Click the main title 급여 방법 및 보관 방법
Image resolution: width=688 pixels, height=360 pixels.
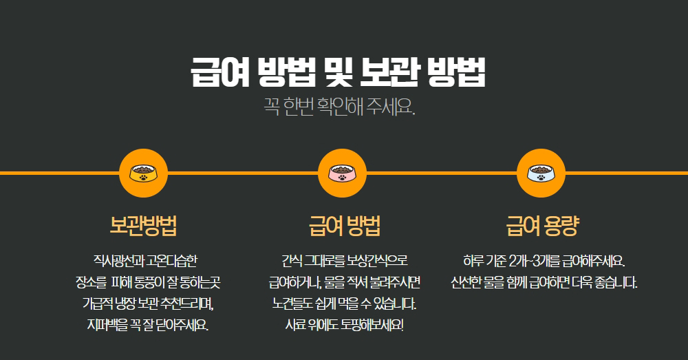(338, 72)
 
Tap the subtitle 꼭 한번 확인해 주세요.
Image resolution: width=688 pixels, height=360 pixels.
(339, 106)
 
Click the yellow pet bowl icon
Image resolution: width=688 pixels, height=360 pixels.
(144, 173)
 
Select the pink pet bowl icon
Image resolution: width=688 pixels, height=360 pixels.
(342, 173)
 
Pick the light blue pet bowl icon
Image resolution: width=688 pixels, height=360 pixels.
(541, 173)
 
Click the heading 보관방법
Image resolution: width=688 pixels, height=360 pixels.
(144, 226)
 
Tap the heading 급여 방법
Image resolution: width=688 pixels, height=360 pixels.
(345, 226)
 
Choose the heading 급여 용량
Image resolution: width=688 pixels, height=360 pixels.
(543, 226)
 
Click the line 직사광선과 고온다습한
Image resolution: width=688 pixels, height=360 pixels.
(145, 261)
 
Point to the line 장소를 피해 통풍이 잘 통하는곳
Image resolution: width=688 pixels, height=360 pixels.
(148, 282)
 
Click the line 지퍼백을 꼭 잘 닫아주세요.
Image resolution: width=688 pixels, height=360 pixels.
(147, 326)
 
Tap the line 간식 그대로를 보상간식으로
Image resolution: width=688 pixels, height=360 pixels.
(345, 261)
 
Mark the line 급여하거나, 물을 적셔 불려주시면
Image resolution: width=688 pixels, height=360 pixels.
(345, 282)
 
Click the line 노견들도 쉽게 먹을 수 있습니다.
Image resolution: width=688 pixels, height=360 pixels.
(345, 304)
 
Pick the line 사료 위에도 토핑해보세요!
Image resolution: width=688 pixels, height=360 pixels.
(345, 326)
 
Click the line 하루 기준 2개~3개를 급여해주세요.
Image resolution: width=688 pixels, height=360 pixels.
(544, 261)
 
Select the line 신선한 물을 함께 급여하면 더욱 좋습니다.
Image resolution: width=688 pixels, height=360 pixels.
(544, 282)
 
